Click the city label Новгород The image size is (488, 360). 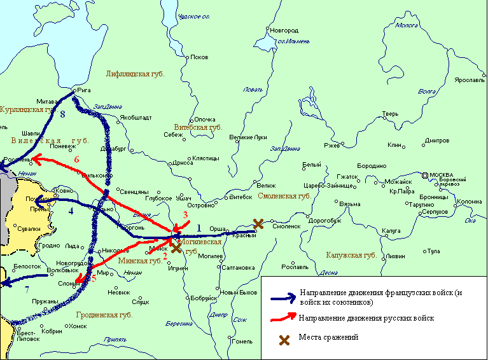point(283,30)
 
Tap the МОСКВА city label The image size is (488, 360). point(441,175)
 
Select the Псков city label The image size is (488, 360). point(199,57)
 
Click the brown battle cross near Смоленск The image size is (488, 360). point(258,223)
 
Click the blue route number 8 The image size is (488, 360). point(62,115)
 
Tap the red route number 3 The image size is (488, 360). point(185,215)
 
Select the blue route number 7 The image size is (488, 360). point(27,291)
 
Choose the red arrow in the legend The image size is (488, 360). point(283,317)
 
